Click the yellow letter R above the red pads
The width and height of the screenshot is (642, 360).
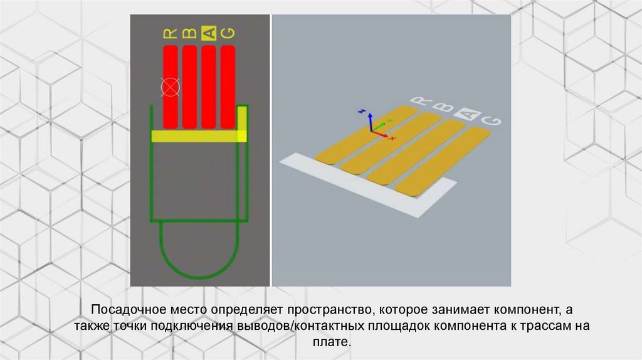tap(171, 33)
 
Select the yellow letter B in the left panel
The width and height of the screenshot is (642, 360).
tap(189, 33)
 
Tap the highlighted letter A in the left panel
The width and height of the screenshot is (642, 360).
tap(208, 33)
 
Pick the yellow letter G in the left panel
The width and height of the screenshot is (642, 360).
tap(228, 33)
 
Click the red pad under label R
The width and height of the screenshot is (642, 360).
tap(171, 87)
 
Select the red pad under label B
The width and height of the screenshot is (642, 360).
tap(189, 87)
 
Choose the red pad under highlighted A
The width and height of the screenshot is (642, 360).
tap(208, 87)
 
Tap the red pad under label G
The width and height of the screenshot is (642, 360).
tap(228, 87)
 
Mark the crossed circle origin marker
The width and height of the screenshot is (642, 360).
tap(171, 87)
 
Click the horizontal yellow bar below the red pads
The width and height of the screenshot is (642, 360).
tap(199, 136)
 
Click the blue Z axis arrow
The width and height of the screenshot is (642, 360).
tap(370, 121)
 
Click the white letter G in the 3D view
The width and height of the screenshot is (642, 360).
tap(491, 120)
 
